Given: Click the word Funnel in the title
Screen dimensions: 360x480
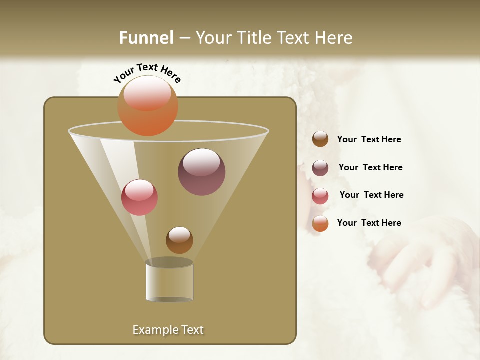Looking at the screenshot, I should coord(146,38).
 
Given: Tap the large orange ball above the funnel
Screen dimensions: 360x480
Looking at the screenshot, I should coord(148,105).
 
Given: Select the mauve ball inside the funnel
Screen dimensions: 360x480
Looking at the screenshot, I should coord(201,172).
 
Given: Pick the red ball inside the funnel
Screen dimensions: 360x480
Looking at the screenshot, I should coord(139,197).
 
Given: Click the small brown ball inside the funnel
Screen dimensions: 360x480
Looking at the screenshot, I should coord(179,240).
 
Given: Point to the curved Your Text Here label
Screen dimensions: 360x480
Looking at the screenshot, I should coord(147,73).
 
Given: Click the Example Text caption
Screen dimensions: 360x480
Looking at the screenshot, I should coord(168,330).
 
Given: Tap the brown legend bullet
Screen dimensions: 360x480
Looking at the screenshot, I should coord(320,139).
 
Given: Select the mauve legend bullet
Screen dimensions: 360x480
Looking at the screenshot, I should coord(320,167).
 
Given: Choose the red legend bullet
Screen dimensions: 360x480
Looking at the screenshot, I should coord(320,195).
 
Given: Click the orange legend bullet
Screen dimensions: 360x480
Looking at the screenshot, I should coord(320,223).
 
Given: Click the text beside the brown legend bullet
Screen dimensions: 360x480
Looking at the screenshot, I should coord(369,139).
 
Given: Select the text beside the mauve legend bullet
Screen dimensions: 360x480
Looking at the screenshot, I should coord(370,167).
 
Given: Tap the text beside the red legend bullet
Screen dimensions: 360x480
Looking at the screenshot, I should coord(371,195).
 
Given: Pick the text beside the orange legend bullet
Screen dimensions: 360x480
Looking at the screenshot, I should coord(369,223).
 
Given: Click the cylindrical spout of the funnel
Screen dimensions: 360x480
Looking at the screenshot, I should coord(169,281).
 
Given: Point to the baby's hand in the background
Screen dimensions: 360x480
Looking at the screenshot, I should coord(415,260).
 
